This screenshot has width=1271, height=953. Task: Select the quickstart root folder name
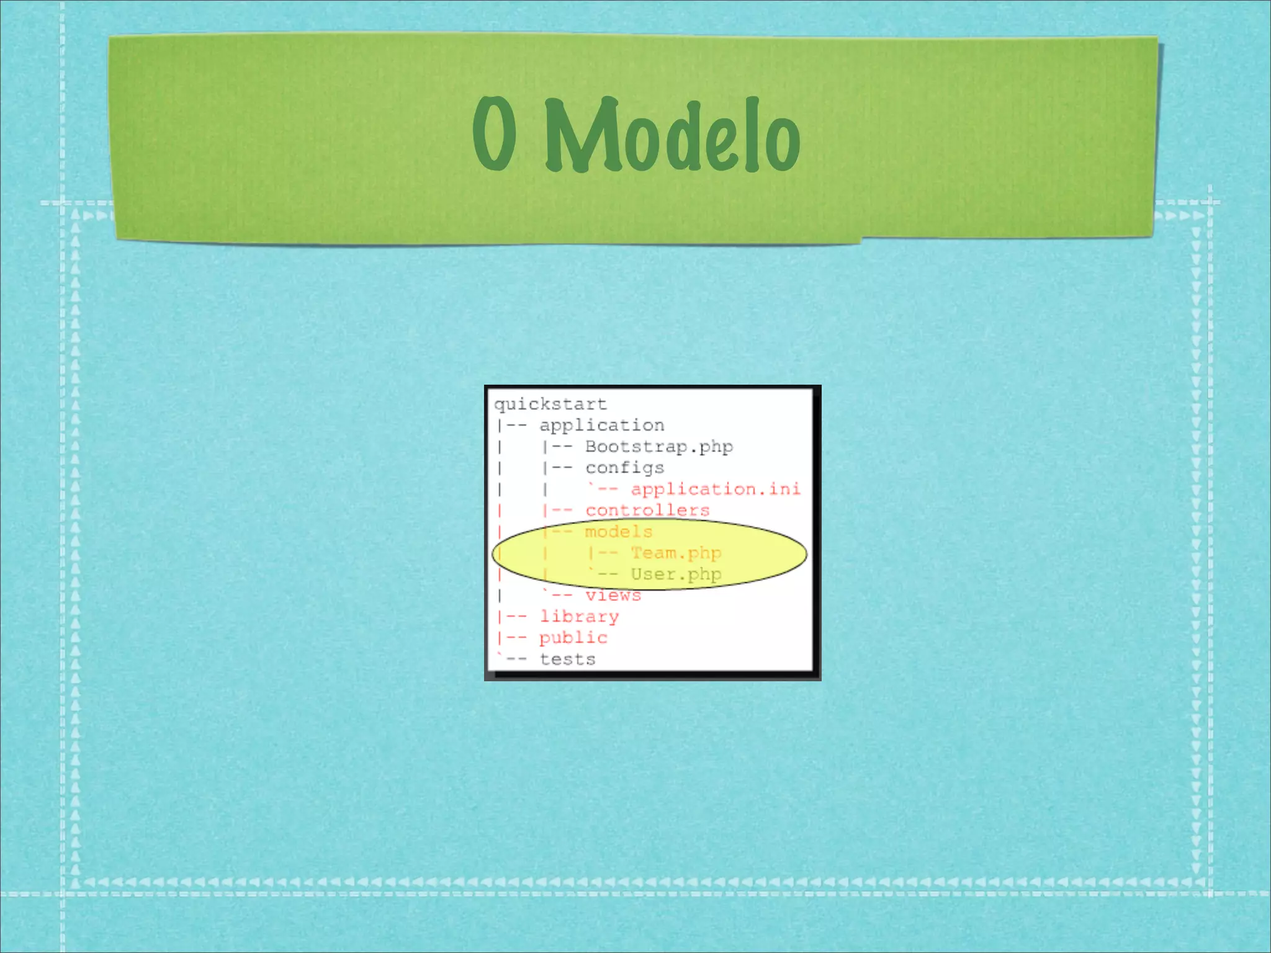click(x=550, y=405)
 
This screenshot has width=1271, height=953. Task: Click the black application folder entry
click(x=601, y=426)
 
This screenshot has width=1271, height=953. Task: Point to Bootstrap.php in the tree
click(x=658, y=447)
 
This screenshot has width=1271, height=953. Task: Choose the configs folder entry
click(x=624, y=468)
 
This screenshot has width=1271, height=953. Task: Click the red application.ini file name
click(x=716, y=489)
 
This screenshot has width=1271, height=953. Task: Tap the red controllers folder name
click(x=647, y=511)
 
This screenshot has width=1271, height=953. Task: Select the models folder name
click(x=619, y=532)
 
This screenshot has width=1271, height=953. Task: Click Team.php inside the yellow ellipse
click(x=676, y=553)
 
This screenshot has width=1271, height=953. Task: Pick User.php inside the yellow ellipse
click(x=676, y=575)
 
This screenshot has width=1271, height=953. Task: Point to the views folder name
click(x=613, y=596)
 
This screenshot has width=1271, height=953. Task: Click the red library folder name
click(x=579, y=617)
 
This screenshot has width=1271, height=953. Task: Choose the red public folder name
click(x=573, y=638)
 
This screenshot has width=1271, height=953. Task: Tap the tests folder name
click(x=567, y=660)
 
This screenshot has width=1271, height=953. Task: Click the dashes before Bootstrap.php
click(x=562, y=447)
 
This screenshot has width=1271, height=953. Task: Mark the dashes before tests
click(x=516, y=660)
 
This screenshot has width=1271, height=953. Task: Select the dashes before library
click(x=516, y=617)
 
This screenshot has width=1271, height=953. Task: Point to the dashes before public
click(x=516, y=638)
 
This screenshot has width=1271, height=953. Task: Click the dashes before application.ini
click(x=608, y=489)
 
